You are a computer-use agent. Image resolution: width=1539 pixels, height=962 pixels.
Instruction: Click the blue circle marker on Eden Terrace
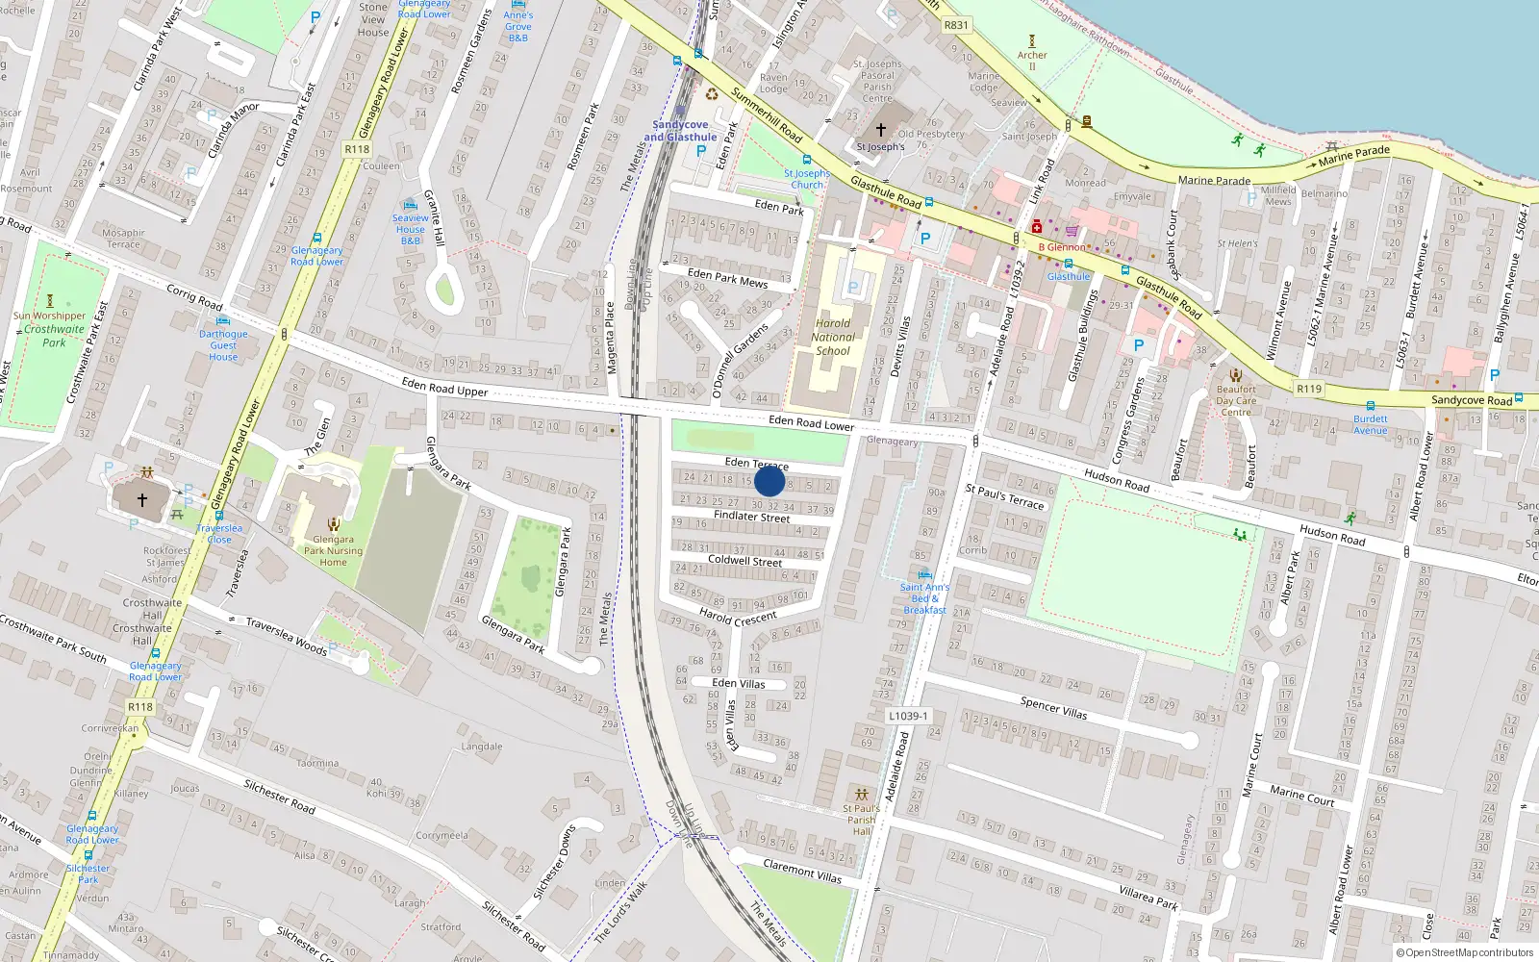(x=769, y=481)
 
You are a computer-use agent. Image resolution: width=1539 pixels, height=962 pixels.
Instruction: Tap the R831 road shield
(x=956, y=26)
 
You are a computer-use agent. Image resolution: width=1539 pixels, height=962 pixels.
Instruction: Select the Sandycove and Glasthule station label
(x=680, y=131)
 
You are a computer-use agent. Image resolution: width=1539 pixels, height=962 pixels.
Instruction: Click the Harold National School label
(x=833, y=337)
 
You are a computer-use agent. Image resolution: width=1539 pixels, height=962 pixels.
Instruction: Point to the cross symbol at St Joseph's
(x=880, y=130)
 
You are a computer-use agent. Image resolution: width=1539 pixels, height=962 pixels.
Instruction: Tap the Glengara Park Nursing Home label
(x=333, y=550)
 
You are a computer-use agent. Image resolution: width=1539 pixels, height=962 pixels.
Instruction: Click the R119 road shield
(x=1308, y=389)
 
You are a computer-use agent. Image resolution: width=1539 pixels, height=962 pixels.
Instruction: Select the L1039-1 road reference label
(x=908, y=716)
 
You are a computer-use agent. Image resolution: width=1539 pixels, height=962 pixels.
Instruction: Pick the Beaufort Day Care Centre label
(x=1236, y=400)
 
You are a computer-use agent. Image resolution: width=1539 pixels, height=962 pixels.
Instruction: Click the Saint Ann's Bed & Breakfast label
(x=924, y=598)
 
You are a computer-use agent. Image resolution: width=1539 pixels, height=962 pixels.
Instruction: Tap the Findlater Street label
(x=751, y=517)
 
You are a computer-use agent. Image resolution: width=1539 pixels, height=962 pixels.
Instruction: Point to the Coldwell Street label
(x=744, y=560)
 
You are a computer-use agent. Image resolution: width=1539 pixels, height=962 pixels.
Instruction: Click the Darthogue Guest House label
(x=223, y=345)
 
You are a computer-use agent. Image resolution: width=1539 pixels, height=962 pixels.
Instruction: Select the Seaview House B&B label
(x=411, y=229)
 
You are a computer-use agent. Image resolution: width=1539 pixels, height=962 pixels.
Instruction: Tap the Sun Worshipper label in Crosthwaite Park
(x=49, y=316)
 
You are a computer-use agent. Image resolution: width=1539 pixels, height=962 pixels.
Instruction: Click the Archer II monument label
(x=1032, y=60)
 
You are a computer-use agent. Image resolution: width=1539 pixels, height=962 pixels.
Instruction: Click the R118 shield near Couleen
(x=357, y=149)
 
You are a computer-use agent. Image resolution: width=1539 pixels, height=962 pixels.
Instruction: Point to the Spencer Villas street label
(x=1053, y=708)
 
